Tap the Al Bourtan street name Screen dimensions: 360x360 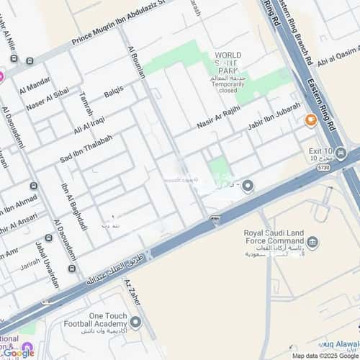[135, 63]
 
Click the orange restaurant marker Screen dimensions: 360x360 [311, 120]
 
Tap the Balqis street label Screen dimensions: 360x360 [114, 91]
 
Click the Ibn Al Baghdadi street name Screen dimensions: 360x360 [74, 206]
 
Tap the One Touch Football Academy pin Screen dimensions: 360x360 [135, 321]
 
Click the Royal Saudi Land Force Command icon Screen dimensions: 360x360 [312, 242]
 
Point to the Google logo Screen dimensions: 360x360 [18, 352]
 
